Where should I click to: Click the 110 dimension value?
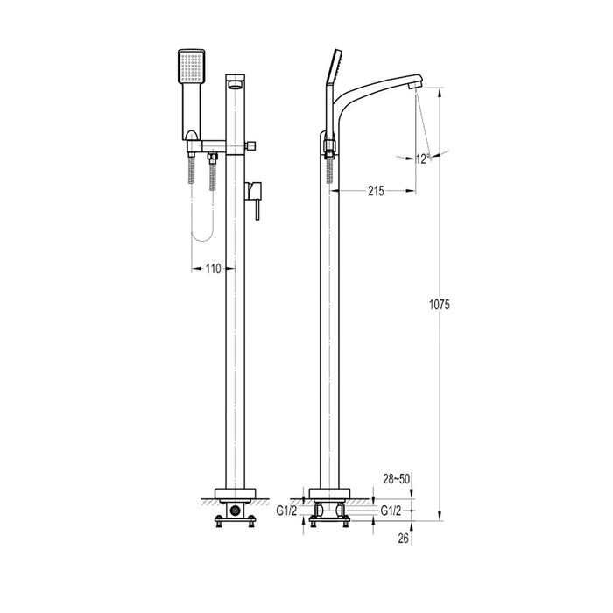pyautogui.click(x=213, y=270)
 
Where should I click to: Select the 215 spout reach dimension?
pyautogui.click(x=376, y=191)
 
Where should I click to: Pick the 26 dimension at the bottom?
pyautogui.click(x=403, y=539)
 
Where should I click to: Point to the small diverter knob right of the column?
pyautogui.click(x=251, y=145)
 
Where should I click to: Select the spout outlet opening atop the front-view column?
pyautogui.click(x=236, y=84)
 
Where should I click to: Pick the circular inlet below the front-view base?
pyautogui.click(x=234, y=510)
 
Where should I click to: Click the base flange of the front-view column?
pyautogui.click(x=234, y=492)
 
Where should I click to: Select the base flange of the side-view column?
pyautogui.click(x=331, y=492)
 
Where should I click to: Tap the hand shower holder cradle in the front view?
pyautogui.click(x=193, y=135)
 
